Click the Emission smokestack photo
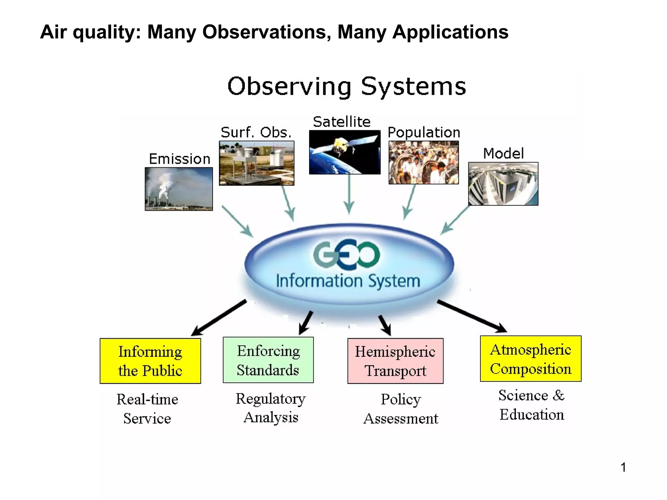[178, 189]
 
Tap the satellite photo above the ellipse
[345, 152]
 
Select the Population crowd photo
[423, 162]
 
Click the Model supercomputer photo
[503, 184]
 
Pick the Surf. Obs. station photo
[257, 163]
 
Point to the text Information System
[348, 281]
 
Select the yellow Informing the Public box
[150, 361]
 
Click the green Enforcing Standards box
[268, 360]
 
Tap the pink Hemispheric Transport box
[395, 361]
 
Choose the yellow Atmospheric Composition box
[531, 358]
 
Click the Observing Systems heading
[347, 86]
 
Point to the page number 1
[623, 467]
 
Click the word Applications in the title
[450, 32]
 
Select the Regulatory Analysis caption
[271, 408]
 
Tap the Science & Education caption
[532, 405]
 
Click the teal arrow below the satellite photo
[349, 194]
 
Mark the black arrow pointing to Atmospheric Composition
[472, 316]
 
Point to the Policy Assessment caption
[401, 409]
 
